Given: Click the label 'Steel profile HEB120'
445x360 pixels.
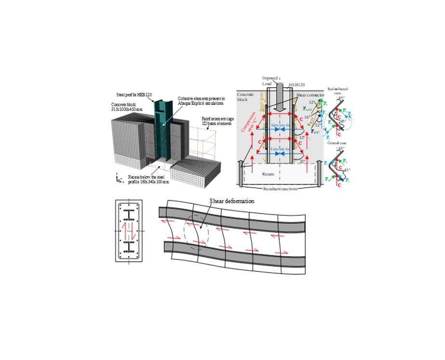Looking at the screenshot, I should tap(133, 95).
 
